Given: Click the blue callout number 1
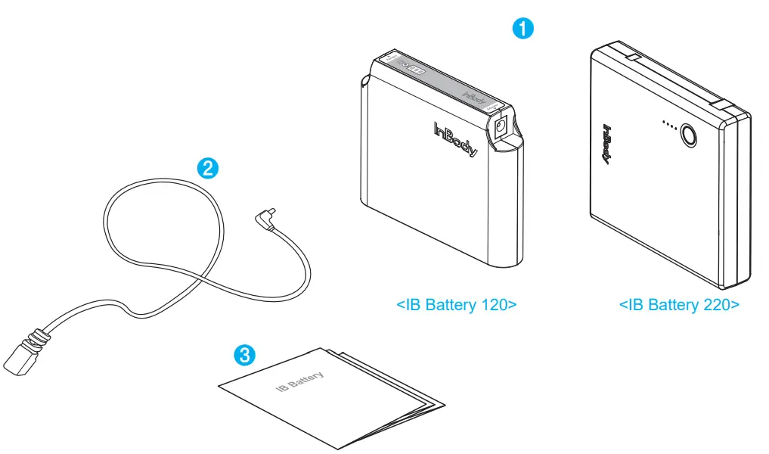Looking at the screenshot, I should click(523, 29).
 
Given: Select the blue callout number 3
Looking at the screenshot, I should click(243, 353).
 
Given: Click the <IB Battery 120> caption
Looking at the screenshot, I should click(456, 305).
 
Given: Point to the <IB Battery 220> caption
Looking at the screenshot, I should click(678, 305).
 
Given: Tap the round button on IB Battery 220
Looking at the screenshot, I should click(689, 135).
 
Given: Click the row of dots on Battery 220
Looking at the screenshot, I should click(668, 123).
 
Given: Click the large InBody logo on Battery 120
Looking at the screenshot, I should click(456, 140).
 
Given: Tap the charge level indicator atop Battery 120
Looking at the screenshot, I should click(417, 70).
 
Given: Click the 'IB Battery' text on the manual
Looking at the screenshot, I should click(300, 382).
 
